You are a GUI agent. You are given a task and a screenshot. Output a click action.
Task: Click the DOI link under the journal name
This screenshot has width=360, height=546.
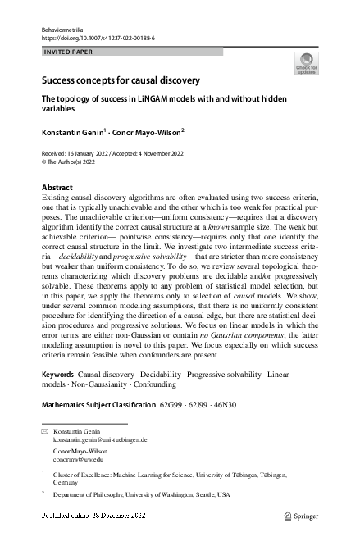(98, 38)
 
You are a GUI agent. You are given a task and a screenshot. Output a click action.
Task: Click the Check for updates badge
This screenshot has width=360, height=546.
(306, 63)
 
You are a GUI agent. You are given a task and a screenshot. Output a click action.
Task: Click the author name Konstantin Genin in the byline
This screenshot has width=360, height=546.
(74, 131)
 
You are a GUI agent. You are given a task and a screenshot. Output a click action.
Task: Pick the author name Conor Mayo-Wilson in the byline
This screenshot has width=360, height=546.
(145, 131)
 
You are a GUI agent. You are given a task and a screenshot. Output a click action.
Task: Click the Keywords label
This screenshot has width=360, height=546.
(57, 373)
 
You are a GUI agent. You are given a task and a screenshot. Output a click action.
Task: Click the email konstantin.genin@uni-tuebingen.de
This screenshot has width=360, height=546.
(100, 440)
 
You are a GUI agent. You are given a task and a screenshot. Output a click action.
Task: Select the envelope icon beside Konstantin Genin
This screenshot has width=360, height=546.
(45, 431)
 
